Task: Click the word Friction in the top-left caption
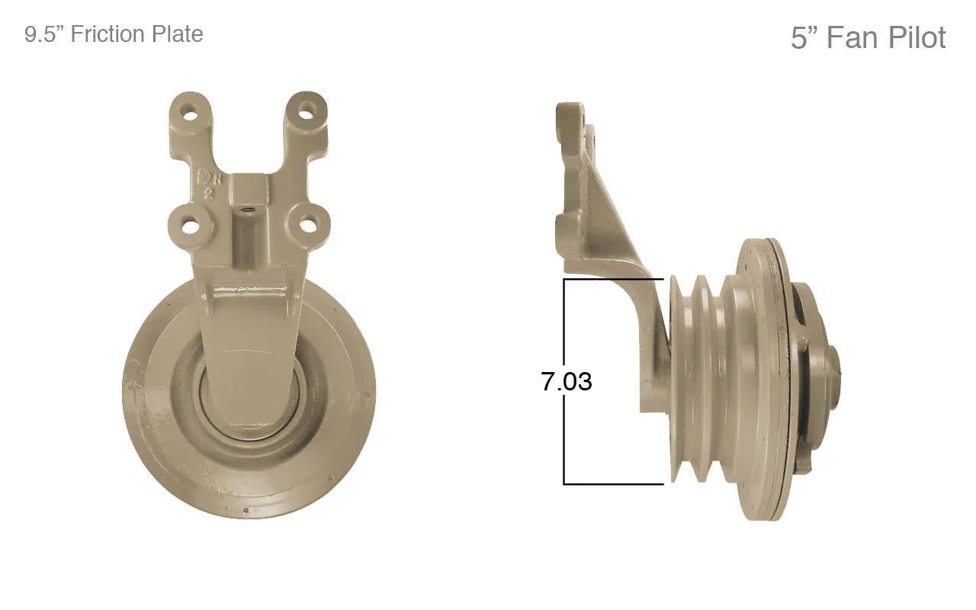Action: point(108,34)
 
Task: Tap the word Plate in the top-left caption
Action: point(176,34)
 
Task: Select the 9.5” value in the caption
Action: point(45,34)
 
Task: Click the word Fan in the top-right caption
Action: point(853,37)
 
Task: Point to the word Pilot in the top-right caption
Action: point(917,37)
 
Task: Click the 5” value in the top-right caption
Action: point(805,37)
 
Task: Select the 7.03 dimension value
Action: point(567,381)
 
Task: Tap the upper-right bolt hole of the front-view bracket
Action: point(307,111)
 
